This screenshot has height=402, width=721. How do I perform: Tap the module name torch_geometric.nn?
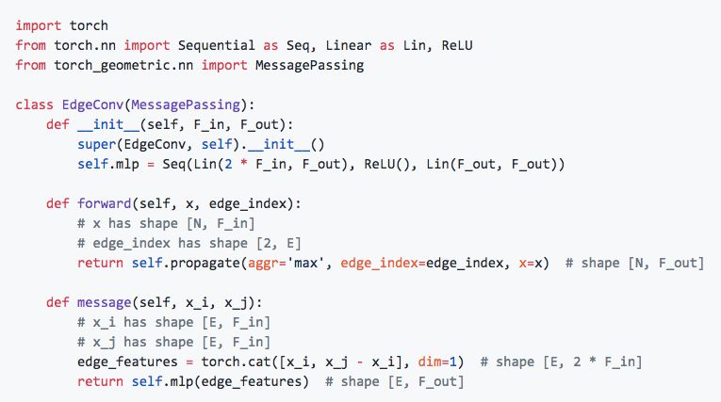[105, 66]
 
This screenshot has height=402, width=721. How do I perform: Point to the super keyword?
[97, 145]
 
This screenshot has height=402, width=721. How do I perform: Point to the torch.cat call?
[232, 362]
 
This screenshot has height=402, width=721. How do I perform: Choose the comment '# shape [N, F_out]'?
[634, 263]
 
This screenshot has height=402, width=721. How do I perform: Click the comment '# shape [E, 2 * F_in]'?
[563, 362]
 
